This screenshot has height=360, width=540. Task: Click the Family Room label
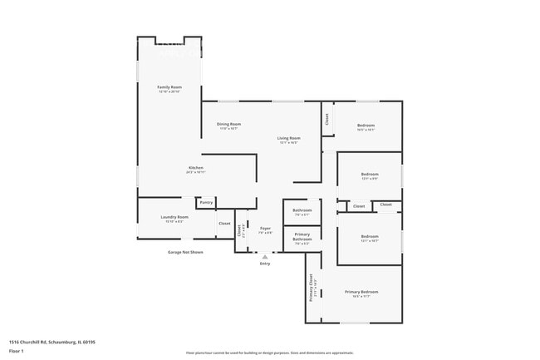169,87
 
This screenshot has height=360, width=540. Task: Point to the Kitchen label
195,168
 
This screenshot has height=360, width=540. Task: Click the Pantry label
206,202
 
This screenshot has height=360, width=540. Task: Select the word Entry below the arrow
265,264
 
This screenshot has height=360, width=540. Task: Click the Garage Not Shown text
185,251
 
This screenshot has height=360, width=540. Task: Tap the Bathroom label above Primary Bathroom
302,210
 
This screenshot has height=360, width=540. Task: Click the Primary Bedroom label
361,292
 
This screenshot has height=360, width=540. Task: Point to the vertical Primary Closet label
312,287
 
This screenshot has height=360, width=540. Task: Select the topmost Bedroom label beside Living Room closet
366,126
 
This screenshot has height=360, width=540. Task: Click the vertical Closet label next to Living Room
327,119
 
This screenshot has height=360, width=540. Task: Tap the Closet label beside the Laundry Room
224,224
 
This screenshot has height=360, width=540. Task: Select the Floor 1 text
17,352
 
